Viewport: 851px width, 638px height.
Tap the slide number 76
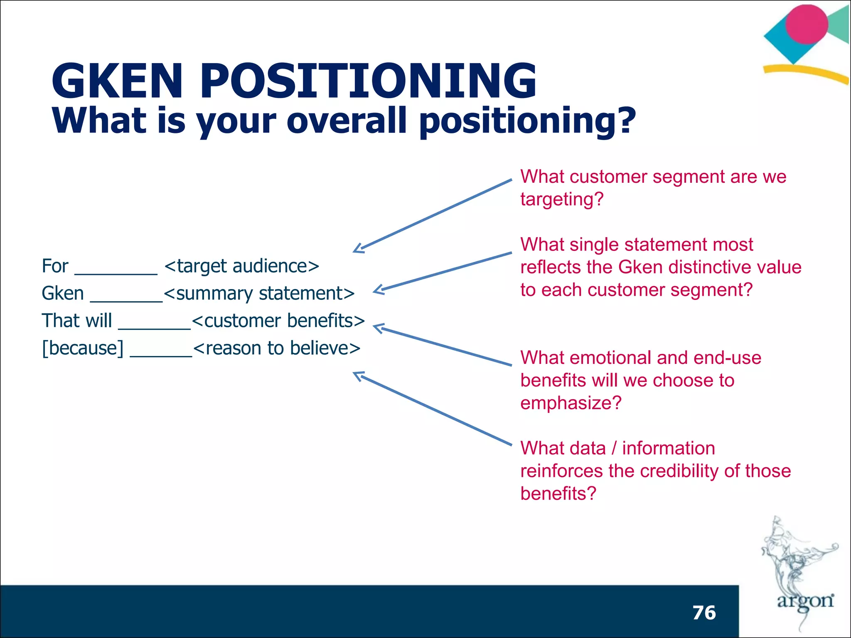704,613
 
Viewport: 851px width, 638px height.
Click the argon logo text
805,601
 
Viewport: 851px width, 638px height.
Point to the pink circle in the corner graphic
806,24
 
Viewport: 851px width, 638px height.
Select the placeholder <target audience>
241,266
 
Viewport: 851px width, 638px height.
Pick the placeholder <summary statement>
259,294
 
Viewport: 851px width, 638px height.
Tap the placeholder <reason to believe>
277,348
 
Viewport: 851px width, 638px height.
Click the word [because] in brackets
83,348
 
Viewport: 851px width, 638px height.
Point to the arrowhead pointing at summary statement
378,290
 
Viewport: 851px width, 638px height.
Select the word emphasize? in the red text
571,403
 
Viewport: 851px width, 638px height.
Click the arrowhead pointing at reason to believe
358,375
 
